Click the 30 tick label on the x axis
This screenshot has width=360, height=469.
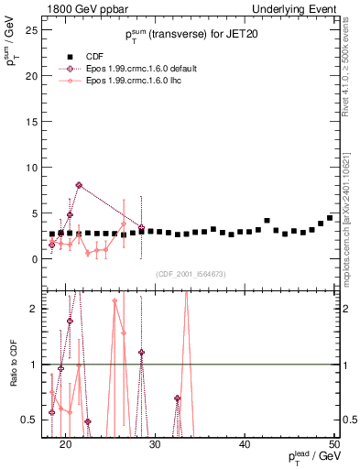[x=156, y=444]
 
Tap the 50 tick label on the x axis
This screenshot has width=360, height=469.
[x=334, y=444]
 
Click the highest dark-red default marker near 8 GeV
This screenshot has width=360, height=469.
[x=79, y=185]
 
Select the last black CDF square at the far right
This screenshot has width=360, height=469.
[x=330, y=218]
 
